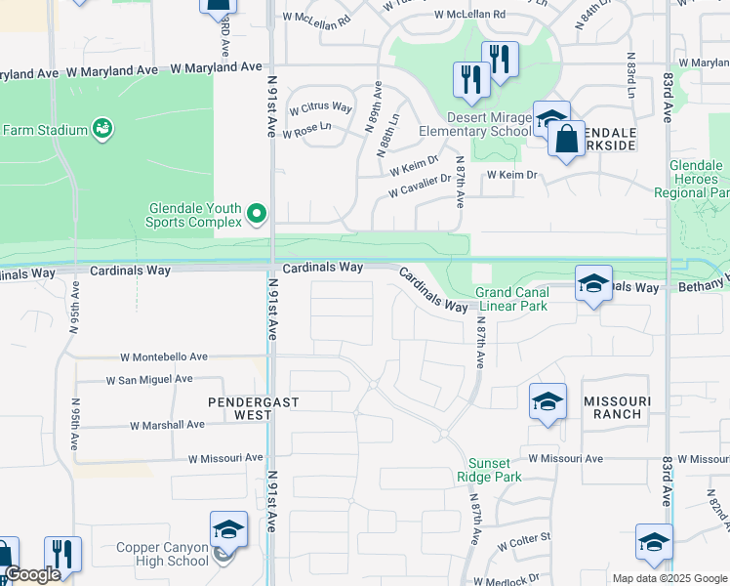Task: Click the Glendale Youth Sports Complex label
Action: pos(194,215)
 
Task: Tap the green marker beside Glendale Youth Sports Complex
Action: pos(257,213)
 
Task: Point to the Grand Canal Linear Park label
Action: pos(511,299)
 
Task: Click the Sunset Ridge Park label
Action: pos(489,469)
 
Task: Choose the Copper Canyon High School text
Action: pos(163,554)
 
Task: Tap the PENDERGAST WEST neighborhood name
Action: pos(239,408)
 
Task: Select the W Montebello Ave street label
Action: pos(164,357)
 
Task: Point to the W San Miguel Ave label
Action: pos(148,379)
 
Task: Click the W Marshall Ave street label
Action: pos(167,425)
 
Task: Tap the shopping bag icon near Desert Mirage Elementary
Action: pos(566,139)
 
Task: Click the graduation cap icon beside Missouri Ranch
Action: pos(547,401)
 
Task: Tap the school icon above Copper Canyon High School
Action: pos(228,529)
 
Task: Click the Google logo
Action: pos(32,574)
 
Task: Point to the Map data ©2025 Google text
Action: pos(669,578)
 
